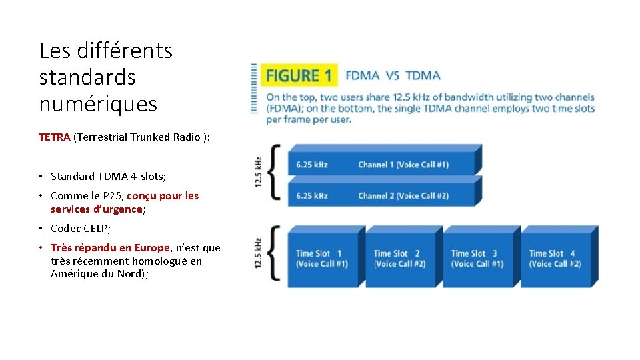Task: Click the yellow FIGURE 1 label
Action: [299, 75]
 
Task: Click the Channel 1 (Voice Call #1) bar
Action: [380, 164]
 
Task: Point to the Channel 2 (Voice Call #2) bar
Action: [380, 195]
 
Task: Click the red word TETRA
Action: [54, 137]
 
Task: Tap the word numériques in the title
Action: [98, 104]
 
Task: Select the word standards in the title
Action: [87, 77]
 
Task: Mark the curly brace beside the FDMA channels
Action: [273, 173]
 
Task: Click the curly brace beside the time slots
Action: [273, 257]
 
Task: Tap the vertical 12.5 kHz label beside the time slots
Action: [257, 254]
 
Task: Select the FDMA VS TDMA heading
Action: [393, 75]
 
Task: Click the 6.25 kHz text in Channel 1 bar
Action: [311, 165]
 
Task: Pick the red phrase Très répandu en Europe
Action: [110, 248]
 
